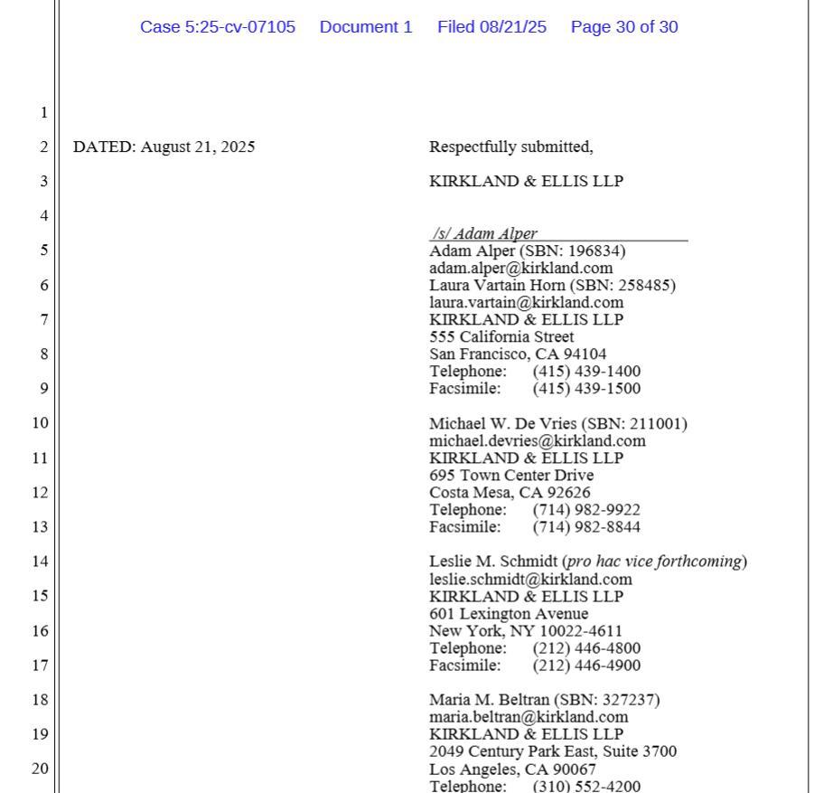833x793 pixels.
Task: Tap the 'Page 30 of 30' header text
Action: pos(623,27)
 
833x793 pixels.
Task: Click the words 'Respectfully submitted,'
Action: pos(510,146)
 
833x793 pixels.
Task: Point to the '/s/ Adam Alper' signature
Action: pos(484,233)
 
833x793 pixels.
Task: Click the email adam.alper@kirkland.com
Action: pos(520,268)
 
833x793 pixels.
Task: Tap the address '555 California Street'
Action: pos(501,336)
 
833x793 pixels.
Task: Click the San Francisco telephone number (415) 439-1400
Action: pos(586,371)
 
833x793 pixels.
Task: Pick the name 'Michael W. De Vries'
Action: pos(502,423)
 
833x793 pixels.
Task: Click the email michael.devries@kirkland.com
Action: pos(537,440)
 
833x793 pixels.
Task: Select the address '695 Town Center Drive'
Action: pos(511,475)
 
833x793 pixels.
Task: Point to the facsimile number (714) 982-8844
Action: pos(586,526)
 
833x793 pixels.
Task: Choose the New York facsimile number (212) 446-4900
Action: pos(586,665)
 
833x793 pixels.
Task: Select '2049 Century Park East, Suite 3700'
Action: pos(552,751)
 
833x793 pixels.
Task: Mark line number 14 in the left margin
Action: pos(40,561)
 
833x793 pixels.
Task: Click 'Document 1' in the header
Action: pos(366,27)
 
